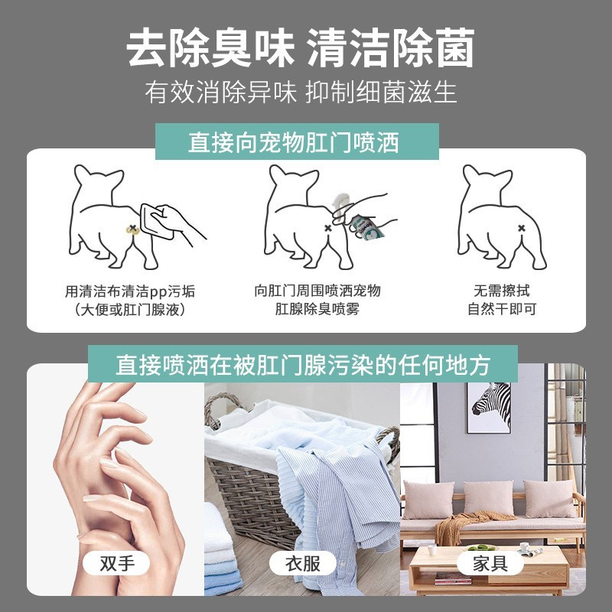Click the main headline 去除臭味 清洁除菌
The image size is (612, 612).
click(x=300, y=47)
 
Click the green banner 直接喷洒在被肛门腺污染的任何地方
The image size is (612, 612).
click(x=302, y=364)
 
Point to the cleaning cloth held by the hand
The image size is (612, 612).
click(x=156, y=221)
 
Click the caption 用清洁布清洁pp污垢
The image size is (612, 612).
click(x=129, y=291)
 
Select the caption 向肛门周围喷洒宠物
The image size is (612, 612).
click(x=317, y=291)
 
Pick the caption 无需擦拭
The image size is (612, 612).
click(x=501, y=291)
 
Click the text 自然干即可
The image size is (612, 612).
click(x=501, y=309)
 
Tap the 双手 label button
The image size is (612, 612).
click(x=117, y=564)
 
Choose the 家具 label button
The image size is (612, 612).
click(x=490, y=564)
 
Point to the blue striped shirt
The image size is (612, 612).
click(x=329, y=497)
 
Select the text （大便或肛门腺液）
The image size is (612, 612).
click(x=129, y=310)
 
